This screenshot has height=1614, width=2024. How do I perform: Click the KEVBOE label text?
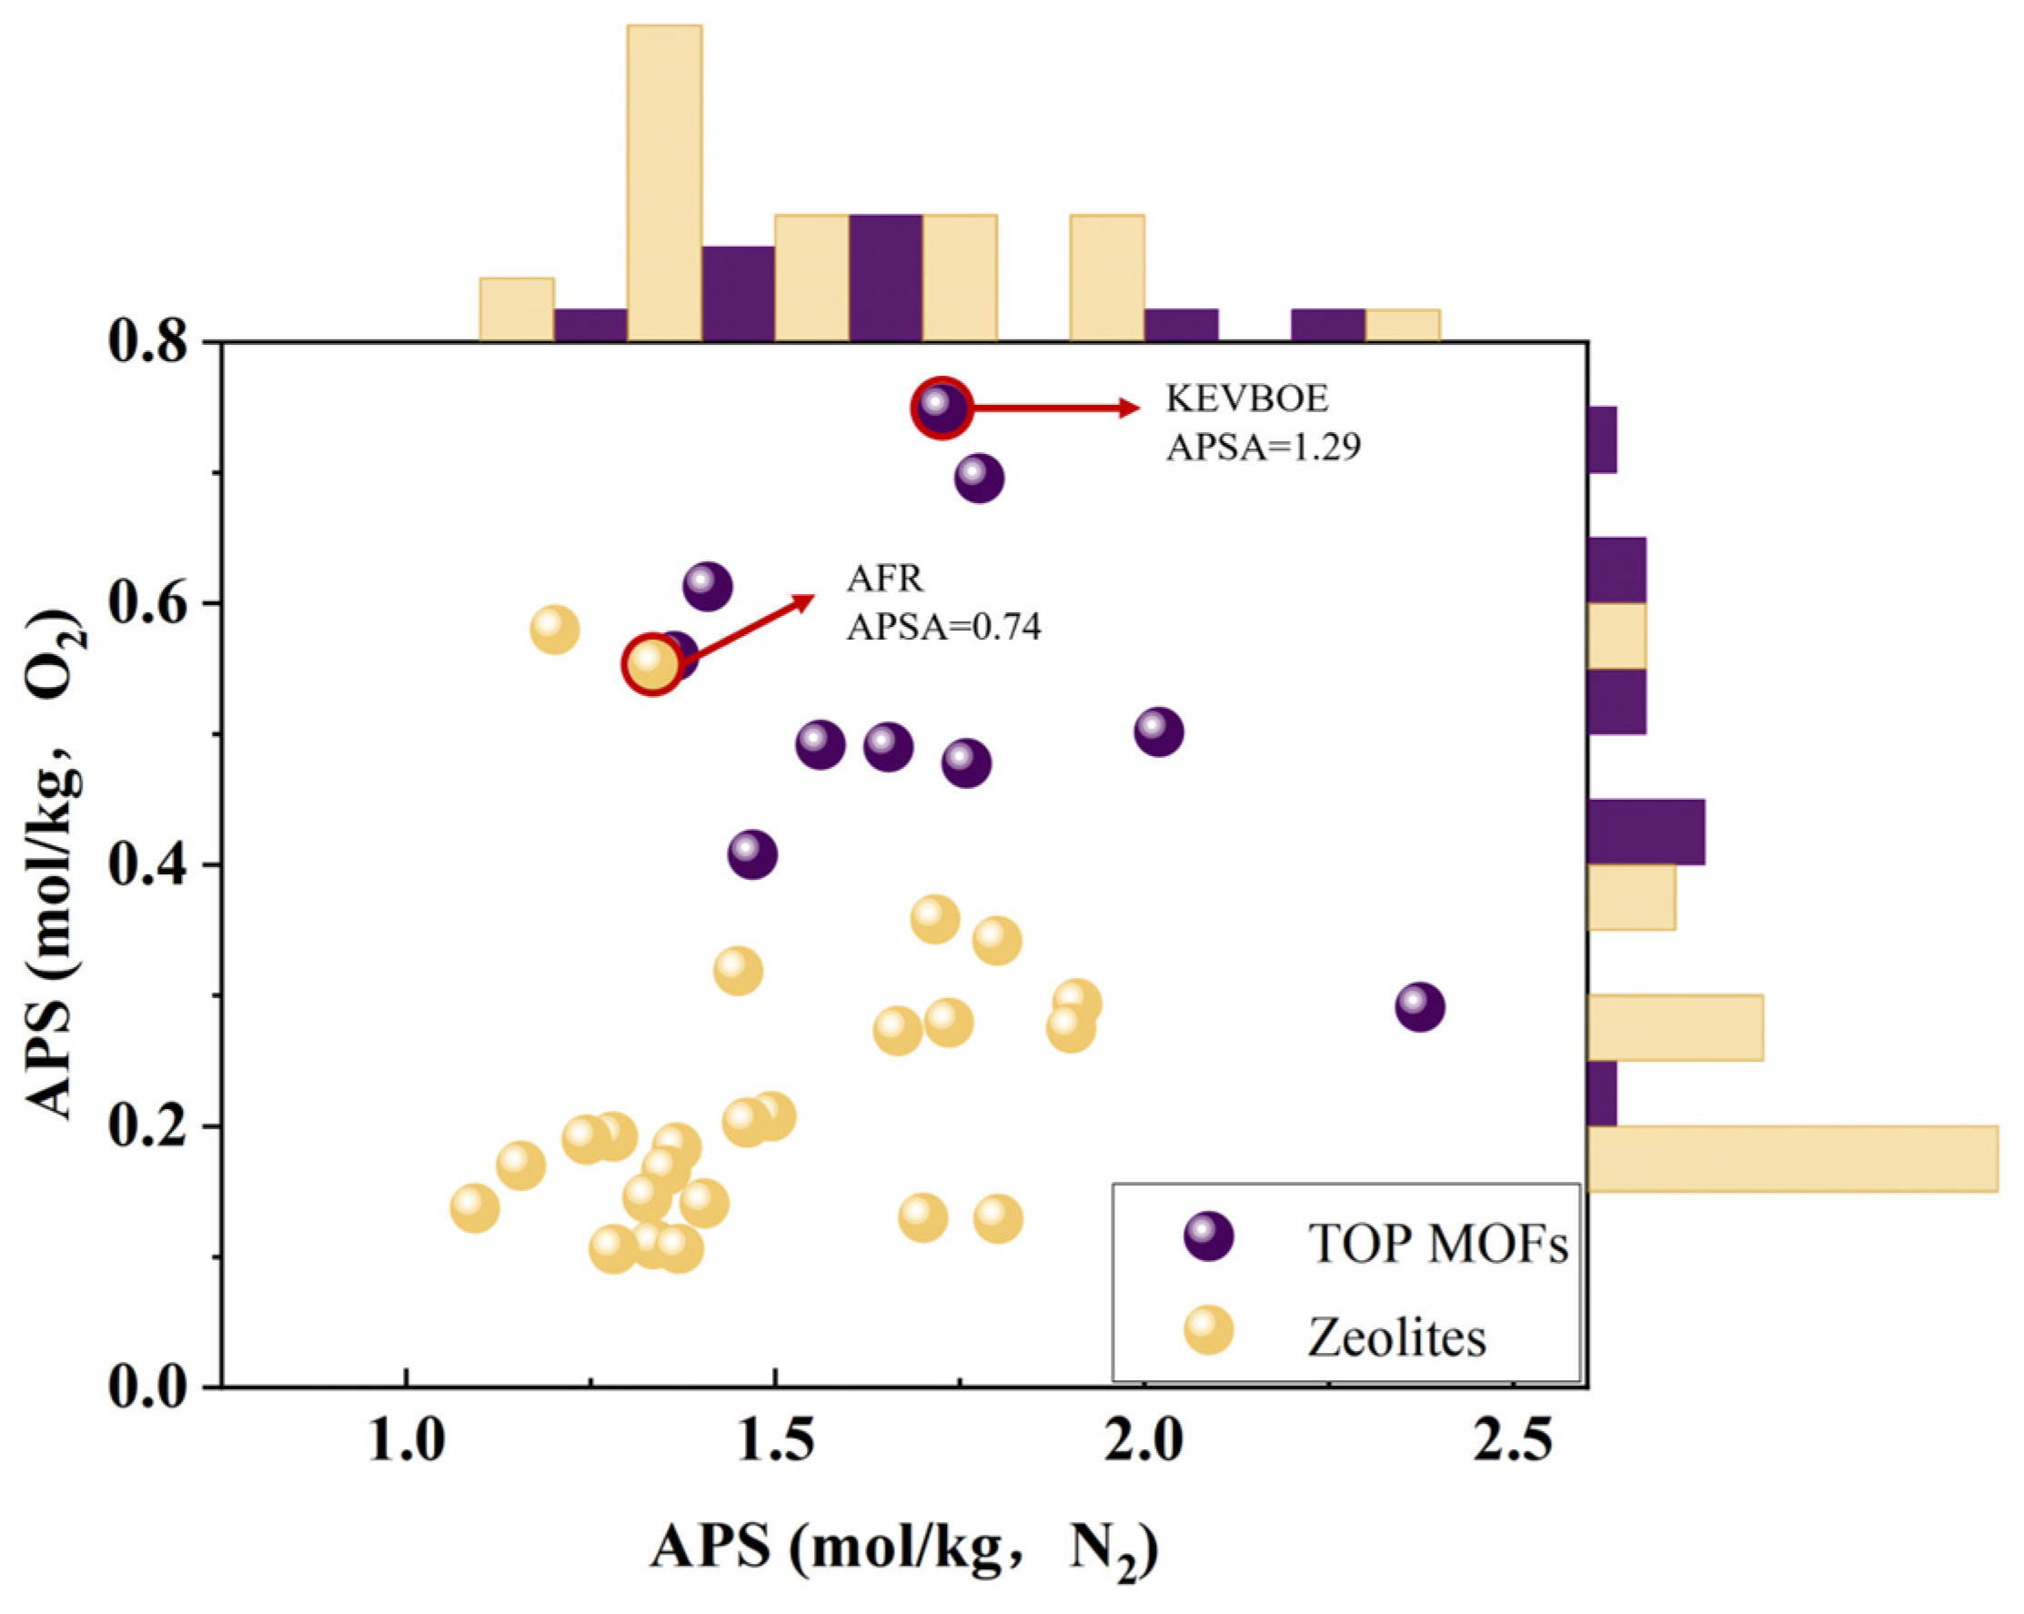(x=1247, y=399)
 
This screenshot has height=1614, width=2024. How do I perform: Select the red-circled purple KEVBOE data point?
(x=942, y=408)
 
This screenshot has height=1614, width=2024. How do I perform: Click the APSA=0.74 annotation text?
(x=943, y=626)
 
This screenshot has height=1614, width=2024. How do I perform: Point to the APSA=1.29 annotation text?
(x=1263, y=447)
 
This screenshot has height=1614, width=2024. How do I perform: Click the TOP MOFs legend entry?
(x=1436, y=1244)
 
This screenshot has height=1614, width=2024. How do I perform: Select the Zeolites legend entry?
(x=1396, y=1337)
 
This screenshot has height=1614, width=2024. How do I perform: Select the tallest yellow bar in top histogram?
(x=664, y=183)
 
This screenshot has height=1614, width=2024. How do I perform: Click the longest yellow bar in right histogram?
(x=1791, y=1157)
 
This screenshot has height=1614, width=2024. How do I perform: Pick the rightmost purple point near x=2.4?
(x=1419, y=1007)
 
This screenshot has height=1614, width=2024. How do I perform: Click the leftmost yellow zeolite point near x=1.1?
(x=475, y=1208)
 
